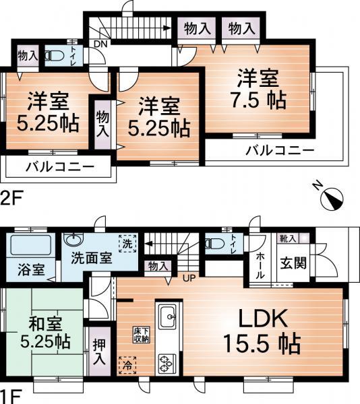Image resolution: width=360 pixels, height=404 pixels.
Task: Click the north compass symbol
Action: (x=332, y=195)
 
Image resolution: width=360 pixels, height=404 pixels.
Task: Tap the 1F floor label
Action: (x=9, y=396)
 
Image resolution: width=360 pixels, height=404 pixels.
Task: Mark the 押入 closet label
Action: (x=99, y=354)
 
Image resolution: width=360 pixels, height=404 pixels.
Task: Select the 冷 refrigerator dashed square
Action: (x=125, y=364)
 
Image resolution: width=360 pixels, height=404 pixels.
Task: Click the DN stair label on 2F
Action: (x=100, y=44)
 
